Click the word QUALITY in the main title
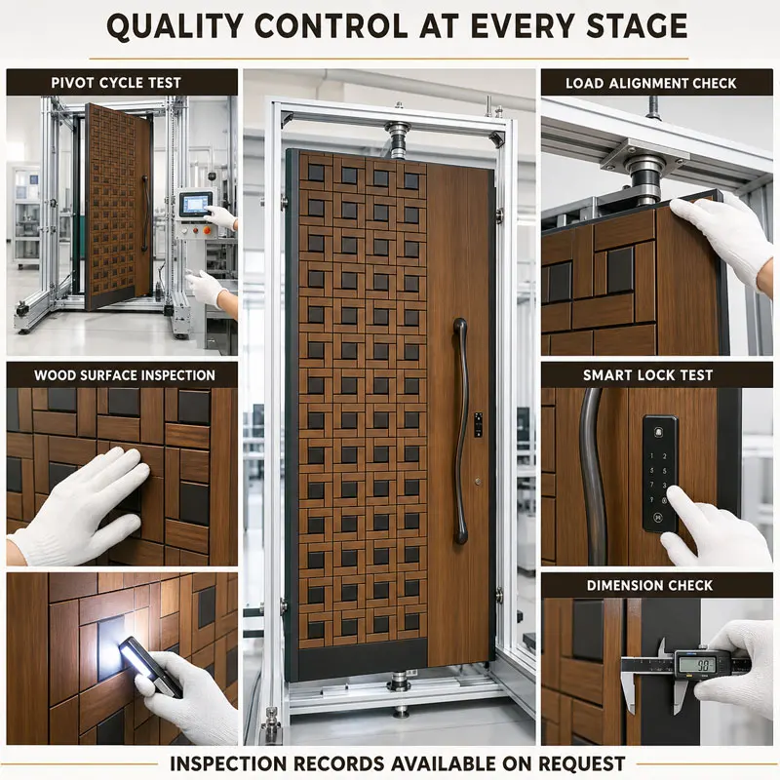175,27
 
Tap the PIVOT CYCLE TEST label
116,83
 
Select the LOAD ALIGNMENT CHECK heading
650,83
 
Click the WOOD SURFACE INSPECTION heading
125,375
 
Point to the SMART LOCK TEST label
647,375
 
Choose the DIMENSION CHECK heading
649,586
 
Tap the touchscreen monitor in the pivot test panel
196,205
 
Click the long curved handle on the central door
460,431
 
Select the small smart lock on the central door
478,425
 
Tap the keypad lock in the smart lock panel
660,474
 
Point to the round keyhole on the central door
478,482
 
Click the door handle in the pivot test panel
144,214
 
